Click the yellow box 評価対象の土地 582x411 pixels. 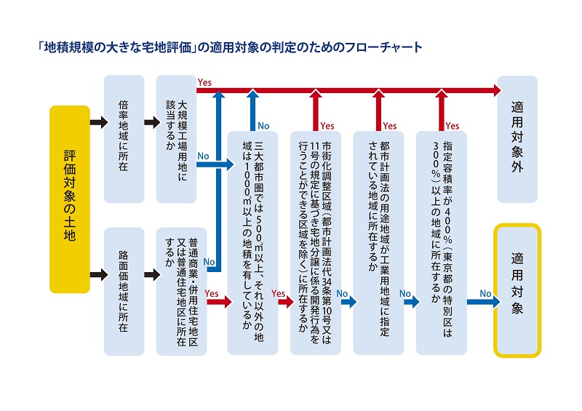coord(70,199)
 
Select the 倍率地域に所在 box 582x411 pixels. coord(124,139)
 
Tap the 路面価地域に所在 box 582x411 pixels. coord(124,292)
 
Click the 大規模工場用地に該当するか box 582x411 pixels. coord(176,139)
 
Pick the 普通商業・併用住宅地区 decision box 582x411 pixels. coord(181,292)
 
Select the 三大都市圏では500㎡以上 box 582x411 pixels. coord(252,243)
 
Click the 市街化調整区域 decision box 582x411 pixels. coord(316,243)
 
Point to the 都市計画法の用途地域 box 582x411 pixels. coord(378,243)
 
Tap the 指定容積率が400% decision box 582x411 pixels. coord(442,243)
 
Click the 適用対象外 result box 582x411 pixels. coord(517,139)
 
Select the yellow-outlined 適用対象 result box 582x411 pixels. coord(517,291)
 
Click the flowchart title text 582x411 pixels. coord(230,47)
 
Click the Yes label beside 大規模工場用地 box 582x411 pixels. coord(204,82)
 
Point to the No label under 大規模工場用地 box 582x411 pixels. coord(203,156)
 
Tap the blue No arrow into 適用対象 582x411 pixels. coord(484,302)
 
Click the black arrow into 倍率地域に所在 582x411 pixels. coord(99,121)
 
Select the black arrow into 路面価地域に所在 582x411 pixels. coord(99,275)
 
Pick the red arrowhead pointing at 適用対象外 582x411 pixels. coord(498,90)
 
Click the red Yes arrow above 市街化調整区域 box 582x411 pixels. coord(316,111)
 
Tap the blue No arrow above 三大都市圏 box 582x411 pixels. coord(252,111)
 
